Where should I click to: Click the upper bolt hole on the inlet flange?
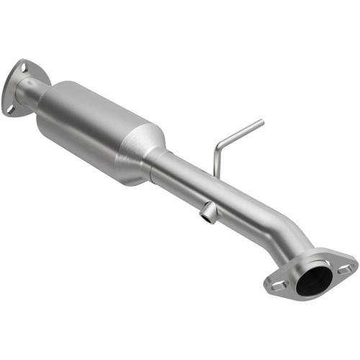[x=22, y=68]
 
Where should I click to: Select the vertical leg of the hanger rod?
[x=216, y=161]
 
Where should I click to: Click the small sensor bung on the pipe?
[x=207, y=212]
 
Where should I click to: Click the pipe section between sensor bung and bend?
[x=238, y=209]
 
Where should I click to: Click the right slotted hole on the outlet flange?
[x=345, y=269]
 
